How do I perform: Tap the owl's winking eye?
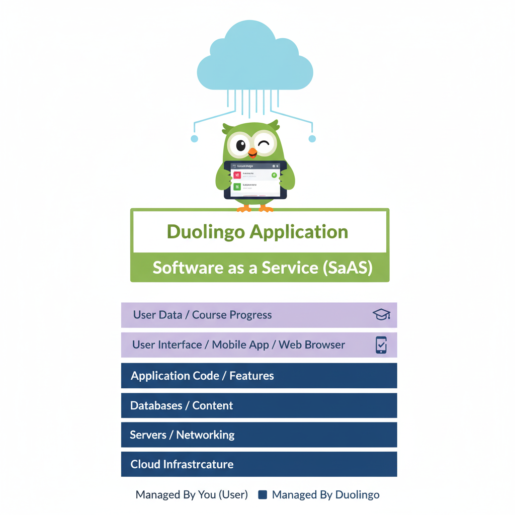[x=264, y=145]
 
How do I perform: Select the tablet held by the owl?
[x=255, y=180]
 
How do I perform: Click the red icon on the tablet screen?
[x=237, y=175]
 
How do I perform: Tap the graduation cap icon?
[x=381, y=315]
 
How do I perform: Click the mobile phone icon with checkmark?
[x=381, y=345]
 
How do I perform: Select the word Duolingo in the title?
[x=206, y=232]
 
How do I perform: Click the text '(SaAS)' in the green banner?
[x=347, y=268]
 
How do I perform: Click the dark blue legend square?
[x=262, y=495]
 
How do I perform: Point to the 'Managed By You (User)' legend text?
[x=192, y=495]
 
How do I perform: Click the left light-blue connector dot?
[x=194, y=139]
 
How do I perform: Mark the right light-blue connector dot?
[x=312, y=138]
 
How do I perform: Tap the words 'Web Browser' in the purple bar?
[x=312, y=345]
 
